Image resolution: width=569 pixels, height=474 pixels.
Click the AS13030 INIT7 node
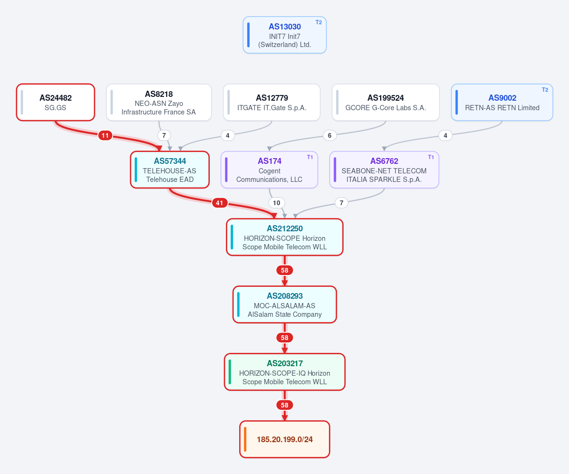tap(285, 35)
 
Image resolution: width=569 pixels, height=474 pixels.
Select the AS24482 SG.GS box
tap(56, 103)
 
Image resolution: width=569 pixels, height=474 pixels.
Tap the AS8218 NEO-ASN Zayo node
tap(159, 103)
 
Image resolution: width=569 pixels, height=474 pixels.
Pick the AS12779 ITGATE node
tap(272, 103)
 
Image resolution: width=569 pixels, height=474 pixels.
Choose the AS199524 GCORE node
tap(386, 103)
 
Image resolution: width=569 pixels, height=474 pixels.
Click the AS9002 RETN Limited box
tap(502, 103)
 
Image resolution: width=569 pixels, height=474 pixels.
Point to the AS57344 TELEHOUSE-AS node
tap(170, 170)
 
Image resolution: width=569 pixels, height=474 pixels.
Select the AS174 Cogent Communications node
tap(269, 170)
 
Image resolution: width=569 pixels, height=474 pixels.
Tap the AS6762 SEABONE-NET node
tap(384, 170)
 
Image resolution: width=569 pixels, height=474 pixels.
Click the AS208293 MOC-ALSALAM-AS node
tap(285, 304)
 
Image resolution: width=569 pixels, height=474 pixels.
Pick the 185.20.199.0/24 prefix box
tap(285, 439)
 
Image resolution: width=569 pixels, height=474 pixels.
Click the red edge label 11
tap(105, 135)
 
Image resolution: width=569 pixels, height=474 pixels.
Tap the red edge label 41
tap(220, 203)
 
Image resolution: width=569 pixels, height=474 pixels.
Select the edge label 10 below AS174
tap(277, 203)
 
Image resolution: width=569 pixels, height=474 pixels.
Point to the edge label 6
tap(329, 135)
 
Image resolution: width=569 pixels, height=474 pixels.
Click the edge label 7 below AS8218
tap(164, 135)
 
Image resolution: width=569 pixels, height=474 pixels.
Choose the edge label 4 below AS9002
tap(445, 135)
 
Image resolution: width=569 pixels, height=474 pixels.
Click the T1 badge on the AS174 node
tap(310, 157)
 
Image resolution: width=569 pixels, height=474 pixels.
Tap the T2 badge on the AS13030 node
tap(318, 22)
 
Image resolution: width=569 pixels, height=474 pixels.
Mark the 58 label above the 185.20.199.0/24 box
tap(285, 405)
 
